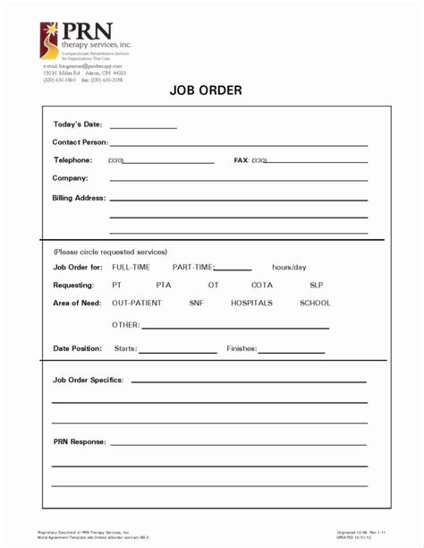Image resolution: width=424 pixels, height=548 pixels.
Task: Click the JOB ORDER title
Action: point(206,90)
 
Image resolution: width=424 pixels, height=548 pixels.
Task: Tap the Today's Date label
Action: point(78,124)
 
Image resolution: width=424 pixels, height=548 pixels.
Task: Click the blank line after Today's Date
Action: point(143,126)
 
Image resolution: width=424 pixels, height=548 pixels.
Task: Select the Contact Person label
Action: point(80,142)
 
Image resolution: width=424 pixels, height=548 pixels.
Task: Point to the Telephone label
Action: point(72,160)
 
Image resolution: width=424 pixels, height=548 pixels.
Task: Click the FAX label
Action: point(241,160)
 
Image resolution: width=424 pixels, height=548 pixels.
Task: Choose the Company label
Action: point(70,178)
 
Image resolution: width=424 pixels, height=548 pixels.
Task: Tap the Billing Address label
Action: point(79,197)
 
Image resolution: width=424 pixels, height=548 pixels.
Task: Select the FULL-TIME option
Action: point(131,267)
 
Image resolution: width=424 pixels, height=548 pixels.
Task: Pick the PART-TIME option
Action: point(193,267)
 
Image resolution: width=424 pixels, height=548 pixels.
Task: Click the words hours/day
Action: point(289,267)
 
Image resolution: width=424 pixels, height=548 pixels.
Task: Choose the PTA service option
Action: point(163,285)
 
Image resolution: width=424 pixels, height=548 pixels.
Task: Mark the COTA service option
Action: point(261,285)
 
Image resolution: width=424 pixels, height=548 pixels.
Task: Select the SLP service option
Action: point(316,285)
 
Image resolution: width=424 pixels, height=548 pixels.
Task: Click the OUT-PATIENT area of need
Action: point(137,303)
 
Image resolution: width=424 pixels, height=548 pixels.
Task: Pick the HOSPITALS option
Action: point(251,303)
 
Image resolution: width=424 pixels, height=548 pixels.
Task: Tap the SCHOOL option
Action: point(315,303)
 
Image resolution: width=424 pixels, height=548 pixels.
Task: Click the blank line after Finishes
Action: point(292,351)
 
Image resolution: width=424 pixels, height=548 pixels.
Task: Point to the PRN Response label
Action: point(79,441)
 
